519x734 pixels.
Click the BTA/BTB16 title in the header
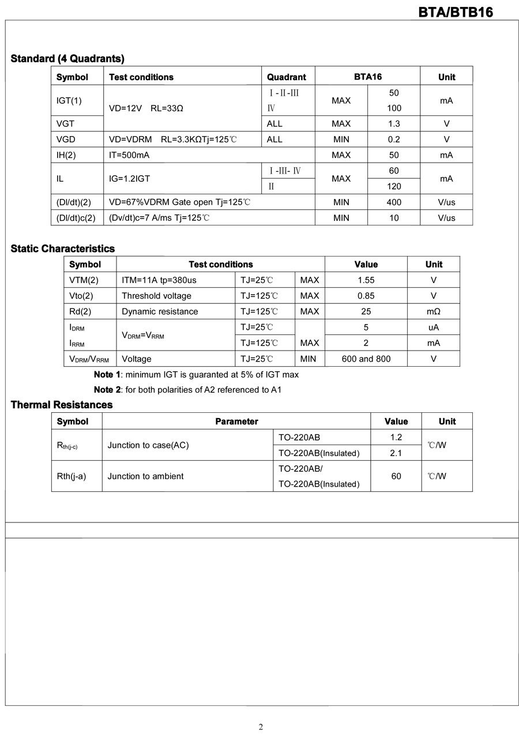[456, 12]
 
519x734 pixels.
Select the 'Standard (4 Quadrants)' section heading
[67, 58]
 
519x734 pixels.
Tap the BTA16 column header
[367, 77]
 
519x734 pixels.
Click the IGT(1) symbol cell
[69, 100]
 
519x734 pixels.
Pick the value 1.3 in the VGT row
[394, 123]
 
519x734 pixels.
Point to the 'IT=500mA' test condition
[129, 155]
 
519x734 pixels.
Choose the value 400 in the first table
[394, 202]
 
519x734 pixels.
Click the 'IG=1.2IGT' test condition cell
[129, 179]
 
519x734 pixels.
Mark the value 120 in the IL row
[394, 187]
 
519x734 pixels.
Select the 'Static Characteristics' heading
[63, 249]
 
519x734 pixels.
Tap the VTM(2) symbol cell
[84, 280]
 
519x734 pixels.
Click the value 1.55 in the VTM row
[366, 280]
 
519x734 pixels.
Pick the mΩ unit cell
[434, 311]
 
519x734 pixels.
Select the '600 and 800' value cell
[366, 359]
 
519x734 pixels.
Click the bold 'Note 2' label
[107, 390]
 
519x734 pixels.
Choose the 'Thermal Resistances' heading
[62, 405]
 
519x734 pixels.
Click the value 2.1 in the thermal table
[396, 453]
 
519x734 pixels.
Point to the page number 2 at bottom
[261, 727]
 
